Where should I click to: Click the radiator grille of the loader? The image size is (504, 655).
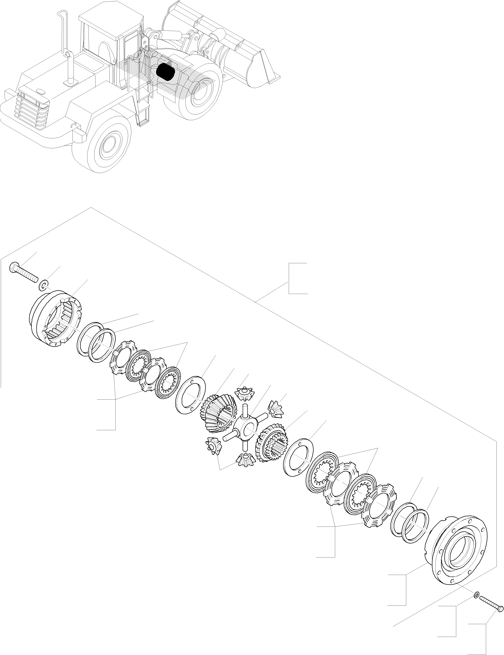tap(32, 108)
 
